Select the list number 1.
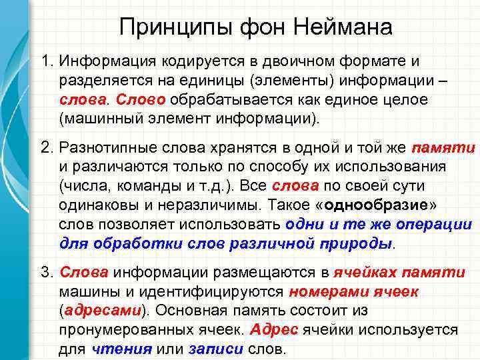click(x=45, y=62)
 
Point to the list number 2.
click(x=45, y=147)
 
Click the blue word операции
click(x=433, y=225)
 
